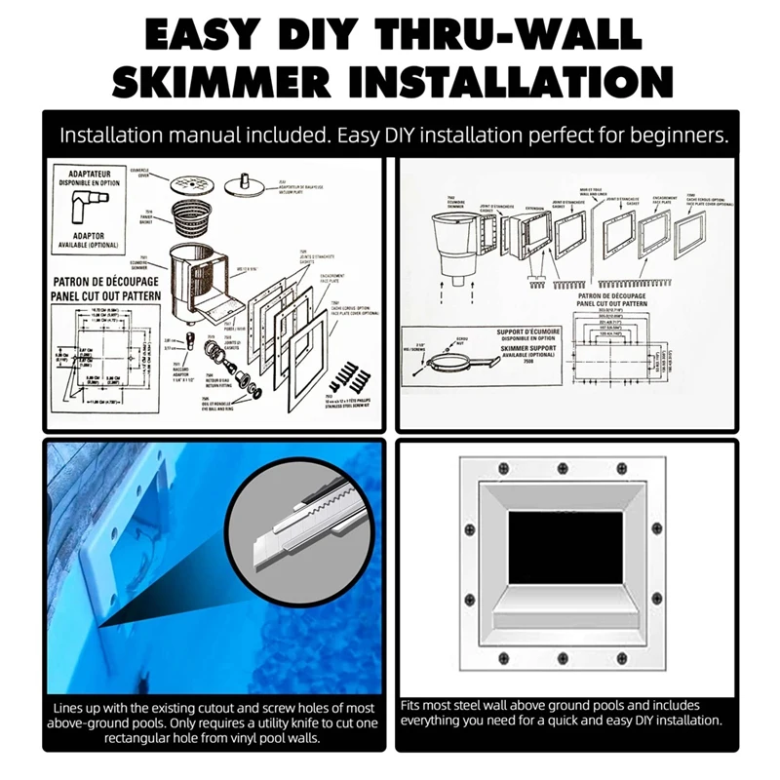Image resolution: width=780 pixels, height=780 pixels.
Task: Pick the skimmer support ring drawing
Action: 459,362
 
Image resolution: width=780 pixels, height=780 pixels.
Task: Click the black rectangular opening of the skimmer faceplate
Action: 565,547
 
